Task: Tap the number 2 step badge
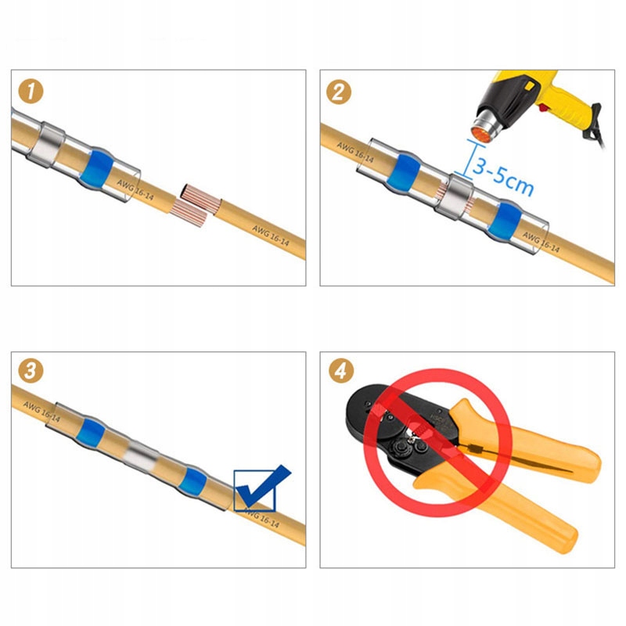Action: coord(340,92)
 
